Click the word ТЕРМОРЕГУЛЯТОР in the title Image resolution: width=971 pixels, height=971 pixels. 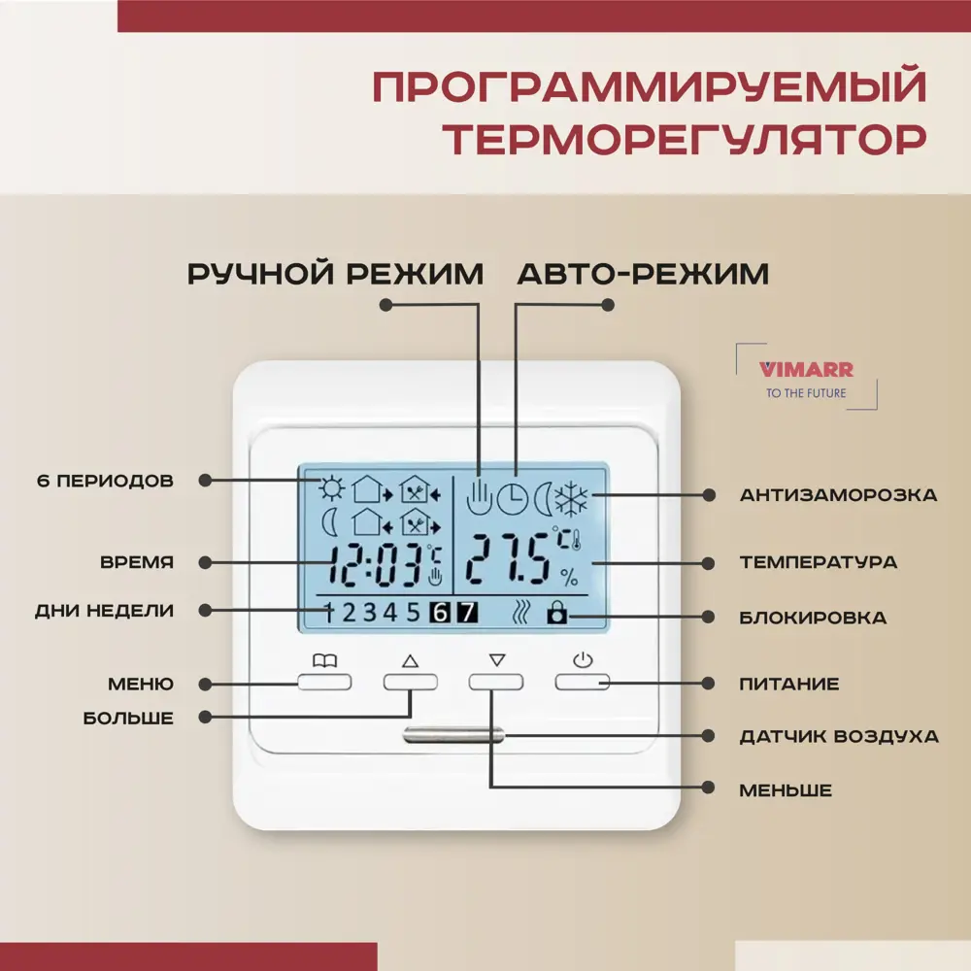(684, 138)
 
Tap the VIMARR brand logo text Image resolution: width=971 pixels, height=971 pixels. (792, 369)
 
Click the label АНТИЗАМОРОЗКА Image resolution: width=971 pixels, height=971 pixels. (838, 495)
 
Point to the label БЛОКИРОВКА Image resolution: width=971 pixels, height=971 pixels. (812, 618)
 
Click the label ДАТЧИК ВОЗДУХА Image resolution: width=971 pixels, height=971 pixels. (839, 736)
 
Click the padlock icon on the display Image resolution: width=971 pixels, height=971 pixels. (556, 613)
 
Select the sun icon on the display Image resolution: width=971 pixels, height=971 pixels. (333, 487)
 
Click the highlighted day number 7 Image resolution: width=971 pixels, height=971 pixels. (467, 613)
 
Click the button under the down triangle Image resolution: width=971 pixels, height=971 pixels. (495, 682)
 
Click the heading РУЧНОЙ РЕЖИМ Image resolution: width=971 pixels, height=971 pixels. (335, 275)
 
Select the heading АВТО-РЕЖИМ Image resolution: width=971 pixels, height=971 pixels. (643, 275)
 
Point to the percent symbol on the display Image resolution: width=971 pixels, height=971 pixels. (569, 580)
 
